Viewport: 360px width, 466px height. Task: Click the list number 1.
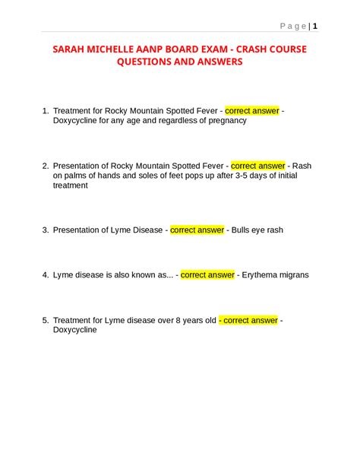[46, 111]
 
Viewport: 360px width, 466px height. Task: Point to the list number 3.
[46, 230]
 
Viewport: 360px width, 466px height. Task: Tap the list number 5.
[46, 321]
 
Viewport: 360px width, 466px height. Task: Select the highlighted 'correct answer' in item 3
[197, 230]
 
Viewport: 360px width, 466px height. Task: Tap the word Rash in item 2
[302, 166]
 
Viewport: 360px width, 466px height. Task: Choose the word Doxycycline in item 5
[75, 331]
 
